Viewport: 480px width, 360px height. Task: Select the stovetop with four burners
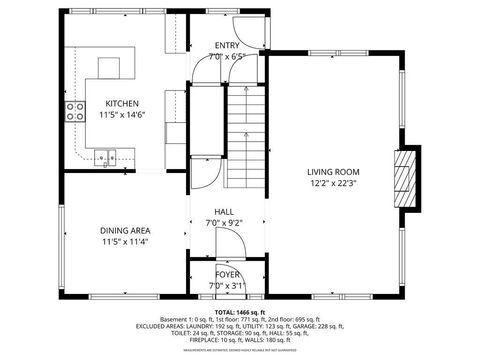click(x=74, y=111)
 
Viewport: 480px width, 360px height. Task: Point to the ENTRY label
click(x=228, y=46)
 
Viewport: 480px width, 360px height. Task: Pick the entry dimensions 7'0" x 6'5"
click(x=228, y=57)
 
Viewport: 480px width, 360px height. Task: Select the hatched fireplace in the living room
click(x=406, y=180)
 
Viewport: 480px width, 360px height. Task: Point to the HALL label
click(x=225, y=212)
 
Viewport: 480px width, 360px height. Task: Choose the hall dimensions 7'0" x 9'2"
click(x=225, y=223)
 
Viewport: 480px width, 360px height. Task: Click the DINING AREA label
click(x=125, y=230)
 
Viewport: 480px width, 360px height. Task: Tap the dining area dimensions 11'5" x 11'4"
click(x=125, y=242)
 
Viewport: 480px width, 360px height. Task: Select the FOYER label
click(x=228, y=274)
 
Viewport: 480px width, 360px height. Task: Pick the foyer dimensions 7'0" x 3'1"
click(x=228, y=286)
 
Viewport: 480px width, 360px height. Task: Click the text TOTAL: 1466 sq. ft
click(x=240, y=313)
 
